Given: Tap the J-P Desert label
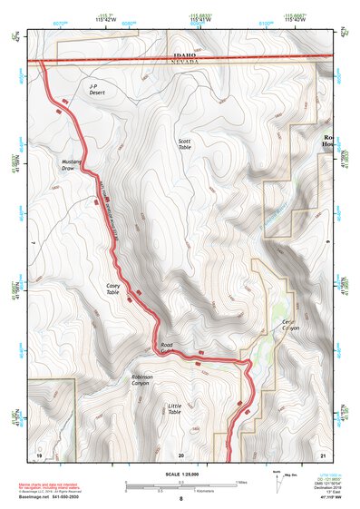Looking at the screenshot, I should pyautogui.click(x=98, y=90).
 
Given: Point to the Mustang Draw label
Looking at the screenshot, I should pyautogui.click(x=73, y=165).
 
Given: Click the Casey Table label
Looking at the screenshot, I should pyautogui.click(x=112, y=289).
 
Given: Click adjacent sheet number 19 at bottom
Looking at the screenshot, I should pyautogui.click(x=39, y=454).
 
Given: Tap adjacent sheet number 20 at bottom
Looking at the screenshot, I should pyautogui.click(x=181, y=454).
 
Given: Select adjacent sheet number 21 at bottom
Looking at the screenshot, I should pyautogui.click(x=323, y=454).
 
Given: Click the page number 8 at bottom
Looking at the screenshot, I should pyautogui.click(x=181, y=498).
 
